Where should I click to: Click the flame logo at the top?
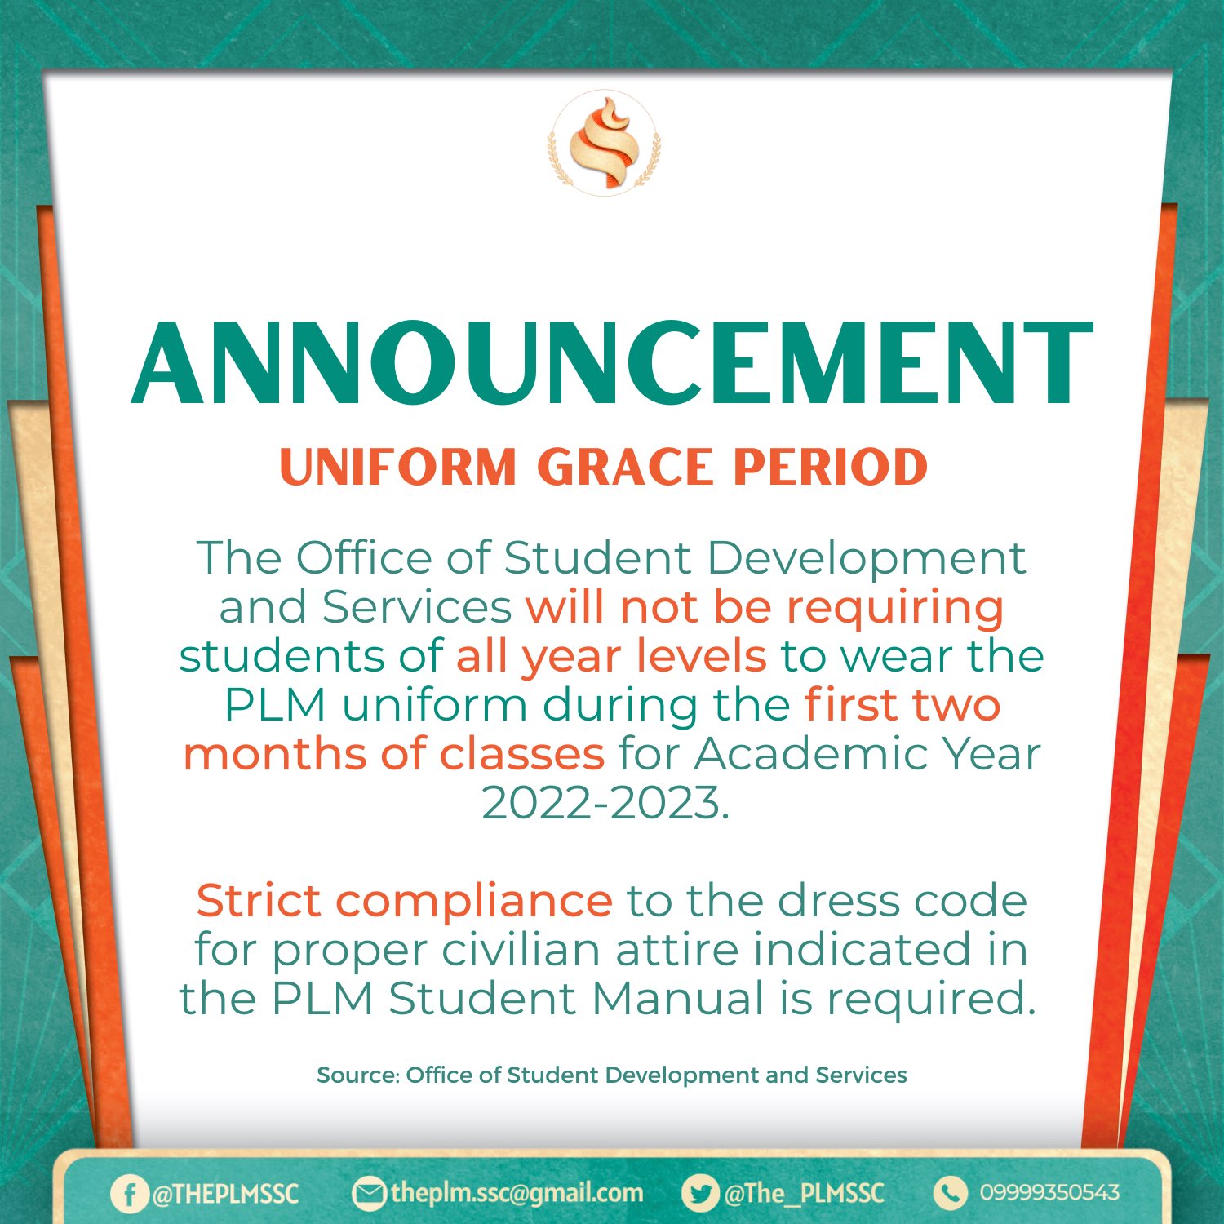point(605,143)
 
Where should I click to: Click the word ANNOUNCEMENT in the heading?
point(612,363)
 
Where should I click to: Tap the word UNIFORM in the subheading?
point(398,468)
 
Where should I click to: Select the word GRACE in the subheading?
point(625,468)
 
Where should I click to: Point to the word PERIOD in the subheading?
point(831,468)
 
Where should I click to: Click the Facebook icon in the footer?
point(129,1194)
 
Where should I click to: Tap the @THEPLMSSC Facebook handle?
point(225,1194)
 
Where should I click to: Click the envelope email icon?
point(368,1194)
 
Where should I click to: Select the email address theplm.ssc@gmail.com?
point(517,1193)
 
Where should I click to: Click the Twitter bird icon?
point(699,1194)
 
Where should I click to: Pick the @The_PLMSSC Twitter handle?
point(804,1194)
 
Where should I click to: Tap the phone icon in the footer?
point(949,1193)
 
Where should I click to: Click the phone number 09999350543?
point(1049,1193)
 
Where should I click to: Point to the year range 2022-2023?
point(605,803)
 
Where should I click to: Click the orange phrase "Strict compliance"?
point(404,902)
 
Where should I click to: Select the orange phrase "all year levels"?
point(611,656)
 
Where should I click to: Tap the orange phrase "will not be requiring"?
point(765,607)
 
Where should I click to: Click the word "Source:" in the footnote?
point(357,1075)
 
